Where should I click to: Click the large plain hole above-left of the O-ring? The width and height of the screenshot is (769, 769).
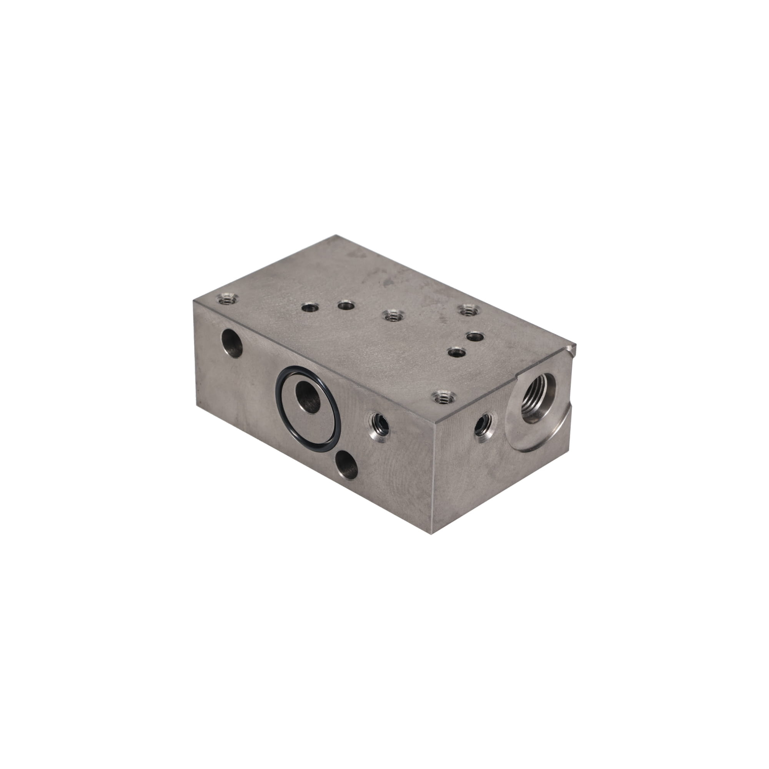(x=232, y=344)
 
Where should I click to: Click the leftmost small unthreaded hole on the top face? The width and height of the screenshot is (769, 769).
(x=308, y=307)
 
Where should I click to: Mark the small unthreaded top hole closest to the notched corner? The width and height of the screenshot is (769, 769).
(x=474, y=337)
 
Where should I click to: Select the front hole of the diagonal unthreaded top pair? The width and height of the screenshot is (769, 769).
(x=456, y=352)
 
